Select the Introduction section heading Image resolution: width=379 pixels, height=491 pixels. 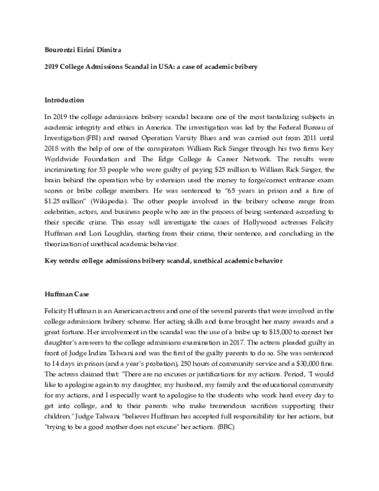coord(64,100)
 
